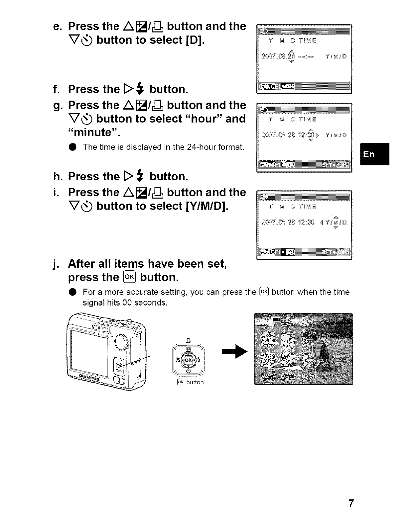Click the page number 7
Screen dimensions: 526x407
(350, 503)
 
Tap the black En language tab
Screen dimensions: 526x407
(374, 154)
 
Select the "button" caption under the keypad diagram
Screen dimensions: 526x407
(195, 382)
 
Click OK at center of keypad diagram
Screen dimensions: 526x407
(188, 360)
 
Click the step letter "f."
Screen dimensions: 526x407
(57, 89)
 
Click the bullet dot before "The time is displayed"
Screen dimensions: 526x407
(73, 147)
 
